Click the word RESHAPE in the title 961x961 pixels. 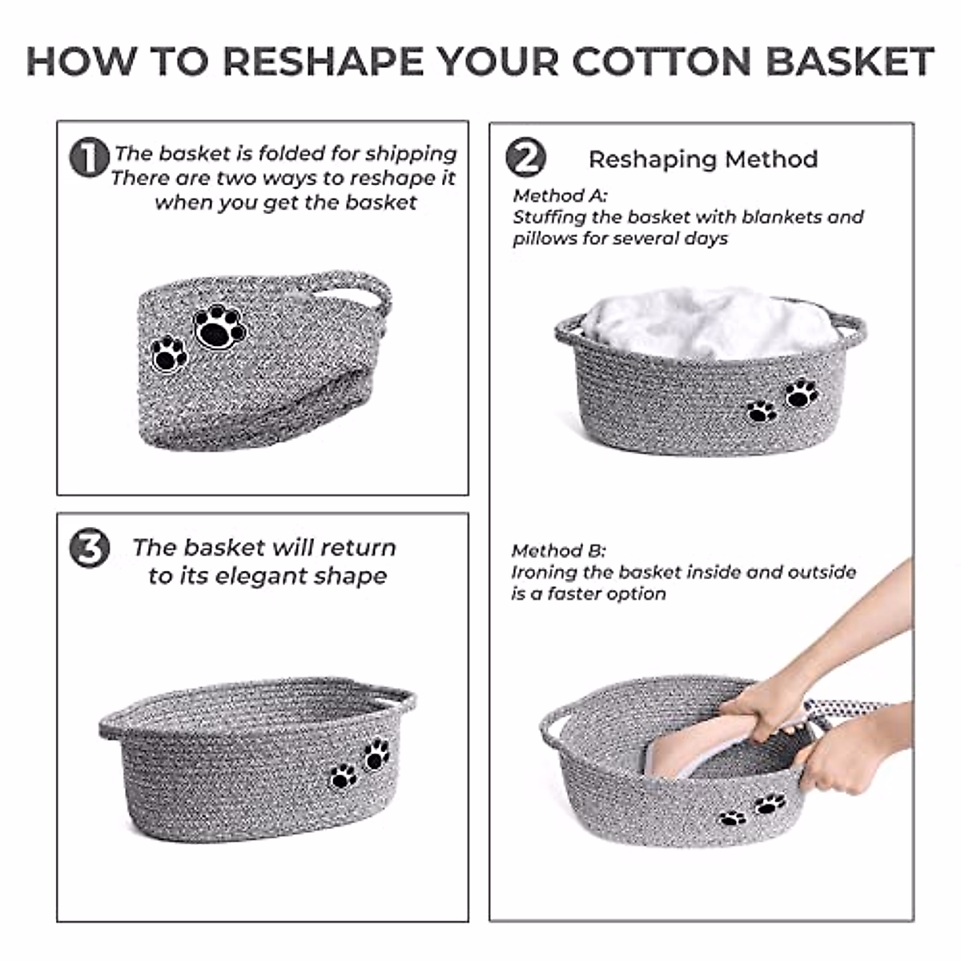click(x=324, y=62)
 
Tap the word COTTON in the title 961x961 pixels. click(x=661, y=62)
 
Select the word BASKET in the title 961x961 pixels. click(x=850, y=62)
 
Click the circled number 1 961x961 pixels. click(x=89, y=157)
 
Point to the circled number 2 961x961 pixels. click(x=525, y=157)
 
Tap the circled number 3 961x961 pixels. click(x=89, y=548)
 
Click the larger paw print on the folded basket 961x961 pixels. click(x=220, y=326)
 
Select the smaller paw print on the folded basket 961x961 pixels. click(x=169, y=354)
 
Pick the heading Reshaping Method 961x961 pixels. click(x=703, y=159)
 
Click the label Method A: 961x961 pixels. click(x=560, y=195)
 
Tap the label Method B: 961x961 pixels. click(x=558, y=550)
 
